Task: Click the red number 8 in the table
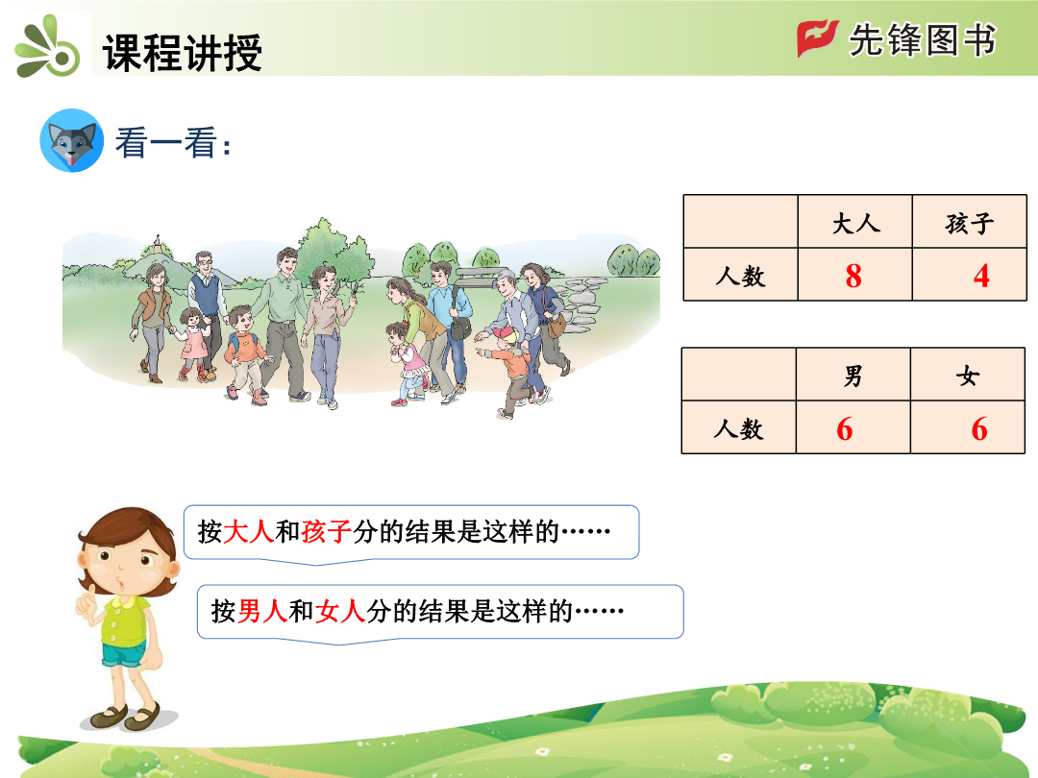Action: click(853, 276)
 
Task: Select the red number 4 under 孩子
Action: click(981, 276)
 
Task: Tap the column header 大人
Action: click(855, 224)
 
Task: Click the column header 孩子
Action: click(969, 224)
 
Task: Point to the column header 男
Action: click(853, 377)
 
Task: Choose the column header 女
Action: click(967, 377)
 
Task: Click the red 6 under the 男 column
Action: click(845, 429)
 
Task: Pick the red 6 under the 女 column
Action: click(979, 429)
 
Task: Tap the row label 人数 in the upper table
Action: click(740, 276)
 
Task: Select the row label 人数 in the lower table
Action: click(738, 429)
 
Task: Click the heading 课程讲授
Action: click(182, 52)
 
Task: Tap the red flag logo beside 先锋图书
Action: click(818, 38)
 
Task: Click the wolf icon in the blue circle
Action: click(71, 140)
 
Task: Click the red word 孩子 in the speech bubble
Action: click(327, 531)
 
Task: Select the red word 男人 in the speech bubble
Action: click(262, 611)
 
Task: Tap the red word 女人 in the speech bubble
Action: click(340, 611)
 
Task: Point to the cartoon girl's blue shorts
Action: click(123, 655)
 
